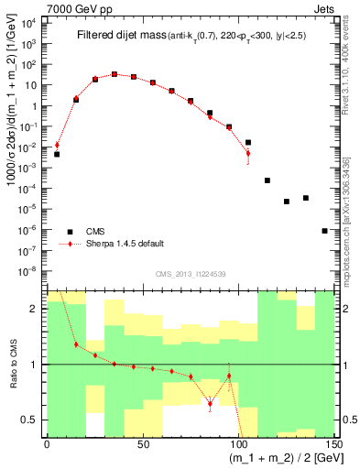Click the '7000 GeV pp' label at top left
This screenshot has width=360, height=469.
pos(75,9)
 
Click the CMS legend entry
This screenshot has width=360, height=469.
pos(97,232)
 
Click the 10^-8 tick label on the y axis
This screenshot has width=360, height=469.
pos(30,270)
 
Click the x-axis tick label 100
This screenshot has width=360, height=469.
pos(238,444)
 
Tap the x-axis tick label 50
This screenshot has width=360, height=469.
pos(143,444)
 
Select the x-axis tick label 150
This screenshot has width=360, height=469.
pos(333,444)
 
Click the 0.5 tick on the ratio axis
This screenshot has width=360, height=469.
pos(33,420)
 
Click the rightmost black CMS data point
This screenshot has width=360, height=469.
pos(324,231)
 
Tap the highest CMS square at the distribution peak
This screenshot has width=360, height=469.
pos(115,74)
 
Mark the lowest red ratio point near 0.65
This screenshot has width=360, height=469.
pos(210,403)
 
